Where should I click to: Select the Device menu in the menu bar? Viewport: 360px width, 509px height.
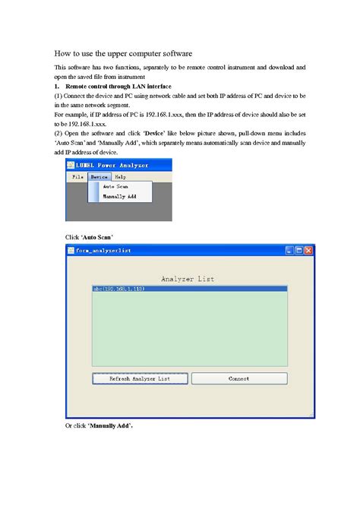point(98,176)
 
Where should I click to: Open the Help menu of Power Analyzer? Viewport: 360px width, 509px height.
point(120,176)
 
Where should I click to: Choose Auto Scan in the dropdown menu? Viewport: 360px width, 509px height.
point(115,186)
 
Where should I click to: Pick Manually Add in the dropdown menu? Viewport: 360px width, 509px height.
point(119,196)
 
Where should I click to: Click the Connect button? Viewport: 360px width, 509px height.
point(239,378)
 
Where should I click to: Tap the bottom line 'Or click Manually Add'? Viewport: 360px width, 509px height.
point(99,425)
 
